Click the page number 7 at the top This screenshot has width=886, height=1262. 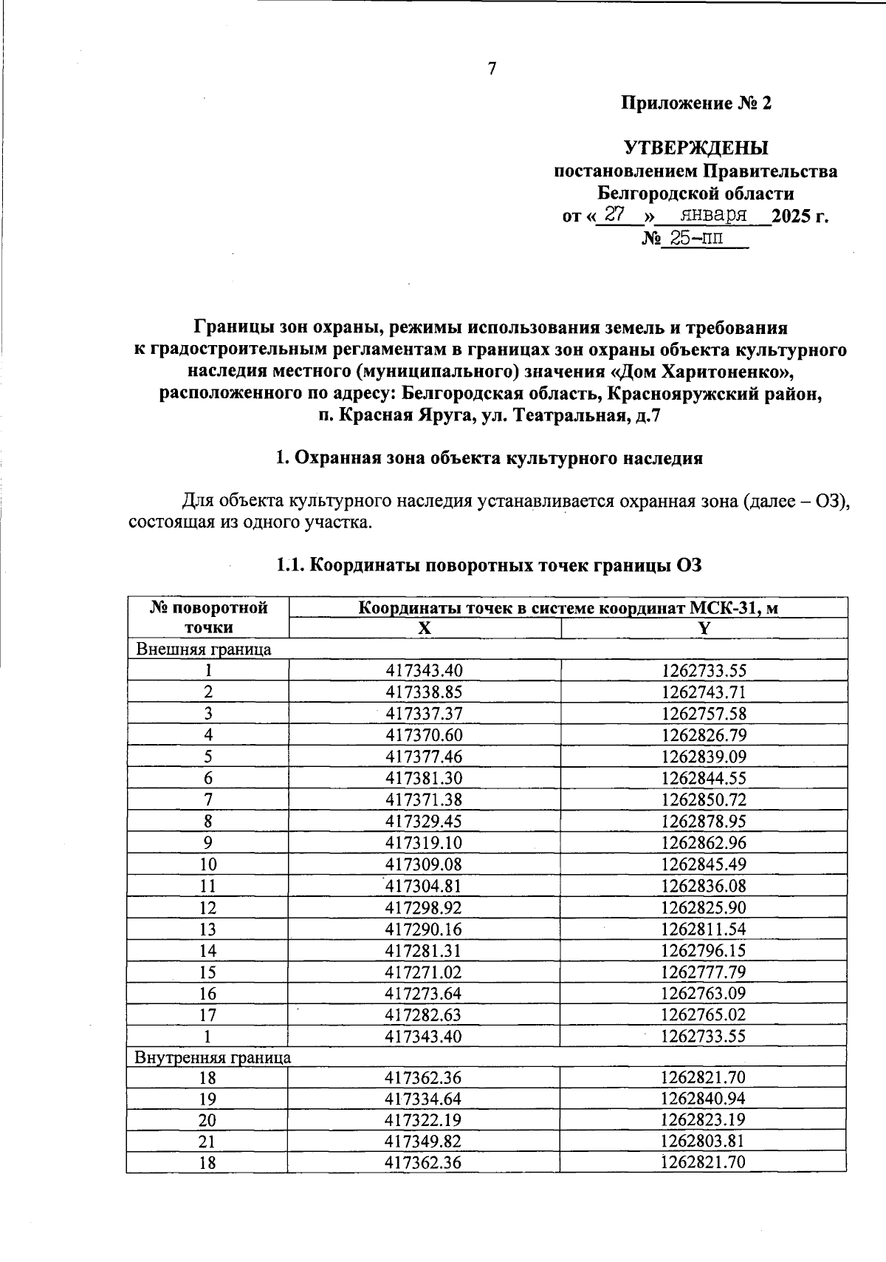click(492, 69)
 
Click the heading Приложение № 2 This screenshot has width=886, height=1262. click(696, 103)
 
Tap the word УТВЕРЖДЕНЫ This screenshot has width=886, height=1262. click(696, 148)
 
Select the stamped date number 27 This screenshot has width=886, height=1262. click(614, 215)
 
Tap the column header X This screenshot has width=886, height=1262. click(424, 628)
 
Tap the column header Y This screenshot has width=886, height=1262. click(704, 628)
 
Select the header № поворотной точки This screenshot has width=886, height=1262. click(208, 618)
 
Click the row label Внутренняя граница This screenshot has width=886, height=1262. click(213, 1057)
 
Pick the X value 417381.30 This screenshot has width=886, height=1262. click(424, 778)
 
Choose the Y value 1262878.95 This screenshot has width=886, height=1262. click(704, 821)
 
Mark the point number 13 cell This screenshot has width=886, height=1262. click(208, 929)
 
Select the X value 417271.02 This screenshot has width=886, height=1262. click(424, 972)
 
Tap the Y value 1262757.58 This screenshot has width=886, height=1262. click(704, 714)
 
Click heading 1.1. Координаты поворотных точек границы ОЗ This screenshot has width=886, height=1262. click(487, 566)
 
